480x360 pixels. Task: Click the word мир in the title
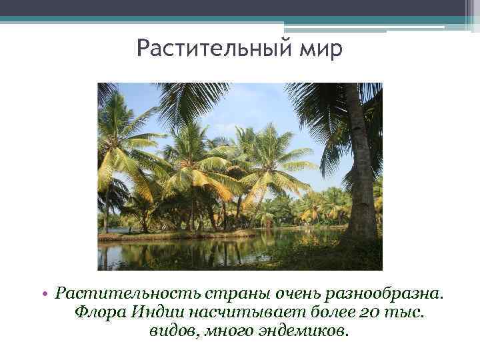tap(323, 49)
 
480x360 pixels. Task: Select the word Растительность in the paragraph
tap(120, 293)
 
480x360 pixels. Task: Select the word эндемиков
tap(303, 331)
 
